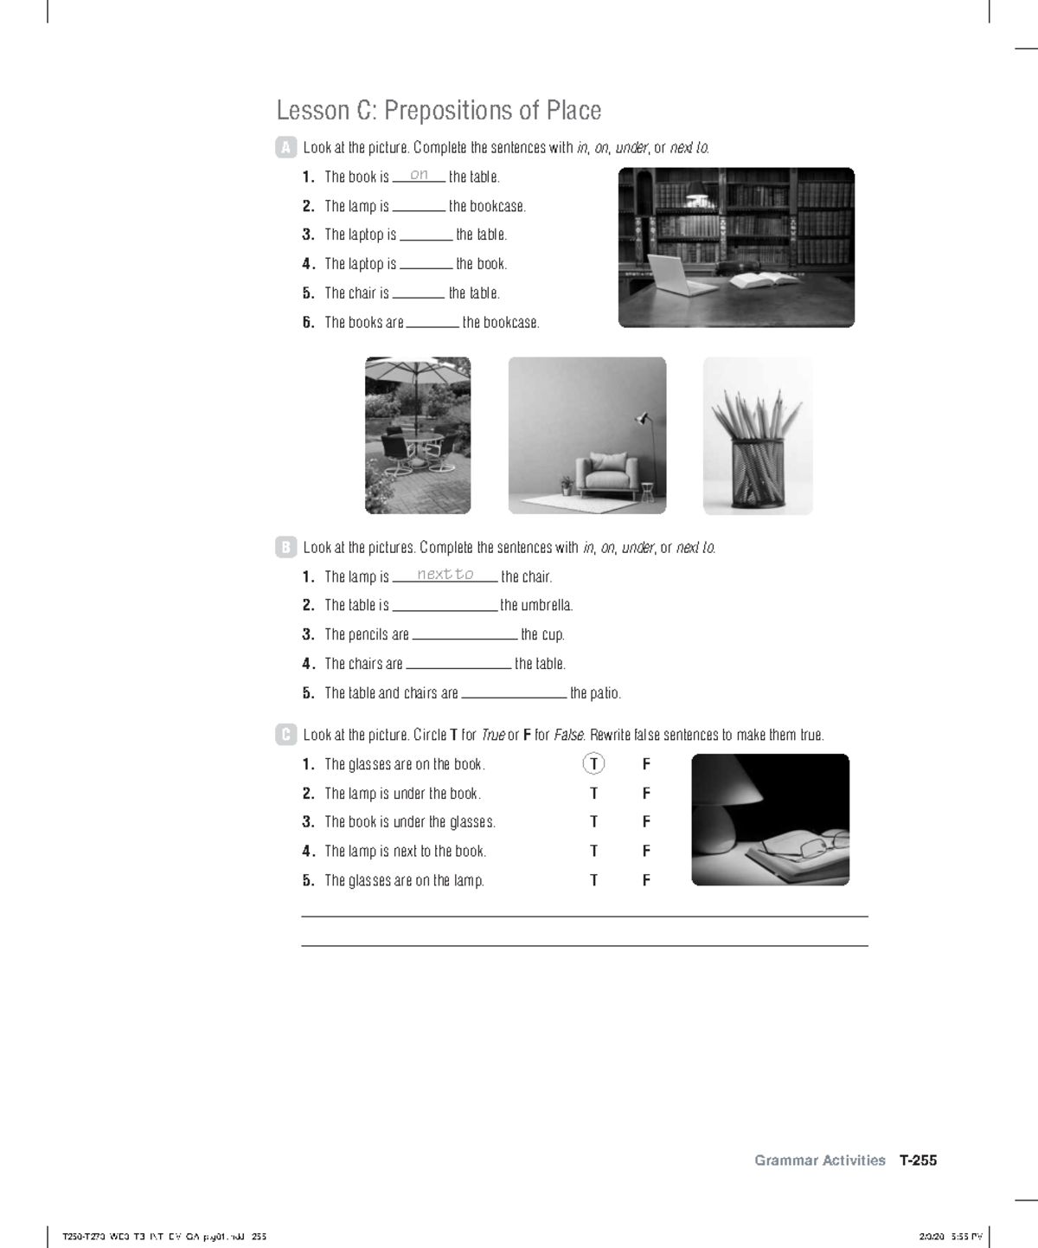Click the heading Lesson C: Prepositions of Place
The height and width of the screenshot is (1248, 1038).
click(x=439, y=111)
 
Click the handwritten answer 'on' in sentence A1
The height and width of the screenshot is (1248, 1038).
click(x=419, y=175)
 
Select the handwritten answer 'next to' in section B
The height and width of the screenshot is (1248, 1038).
click(x=445, y=575)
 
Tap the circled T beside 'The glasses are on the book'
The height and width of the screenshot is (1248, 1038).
click(x=593, y=764)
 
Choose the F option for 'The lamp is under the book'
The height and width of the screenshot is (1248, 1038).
click(x=646, y=794)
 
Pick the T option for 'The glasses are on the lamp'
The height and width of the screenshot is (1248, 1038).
click(x=593, y=881)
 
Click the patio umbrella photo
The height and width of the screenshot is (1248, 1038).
click(x=418, y=434)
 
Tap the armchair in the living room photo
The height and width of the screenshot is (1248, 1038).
click(x=610, y=473)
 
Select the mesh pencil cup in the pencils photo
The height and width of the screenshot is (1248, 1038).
click(x=757, y=473)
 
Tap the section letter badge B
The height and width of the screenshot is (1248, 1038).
click(x=285, y=547)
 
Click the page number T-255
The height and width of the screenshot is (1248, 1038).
click(x=918, y=1161)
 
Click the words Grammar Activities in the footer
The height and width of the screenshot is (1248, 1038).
click(x=819, y=1161)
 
